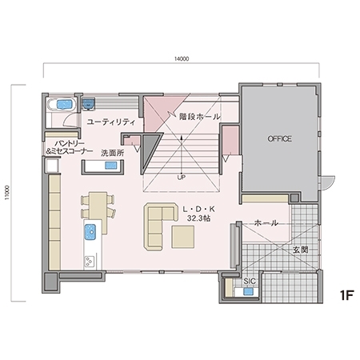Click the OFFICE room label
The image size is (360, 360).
(x=279, y=138)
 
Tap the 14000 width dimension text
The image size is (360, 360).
(x=181, y=58)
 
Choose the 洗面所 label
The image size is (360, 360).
(x=110, y=150)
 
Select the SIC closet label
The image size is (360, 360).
(x=250, y=282)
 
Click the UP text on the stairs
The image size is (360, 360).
(x=182, y=176)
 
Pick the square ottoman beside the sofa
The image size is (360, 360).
(x=182, y=237)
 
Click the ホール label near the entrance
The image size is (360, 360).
(x=265, y=223)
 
